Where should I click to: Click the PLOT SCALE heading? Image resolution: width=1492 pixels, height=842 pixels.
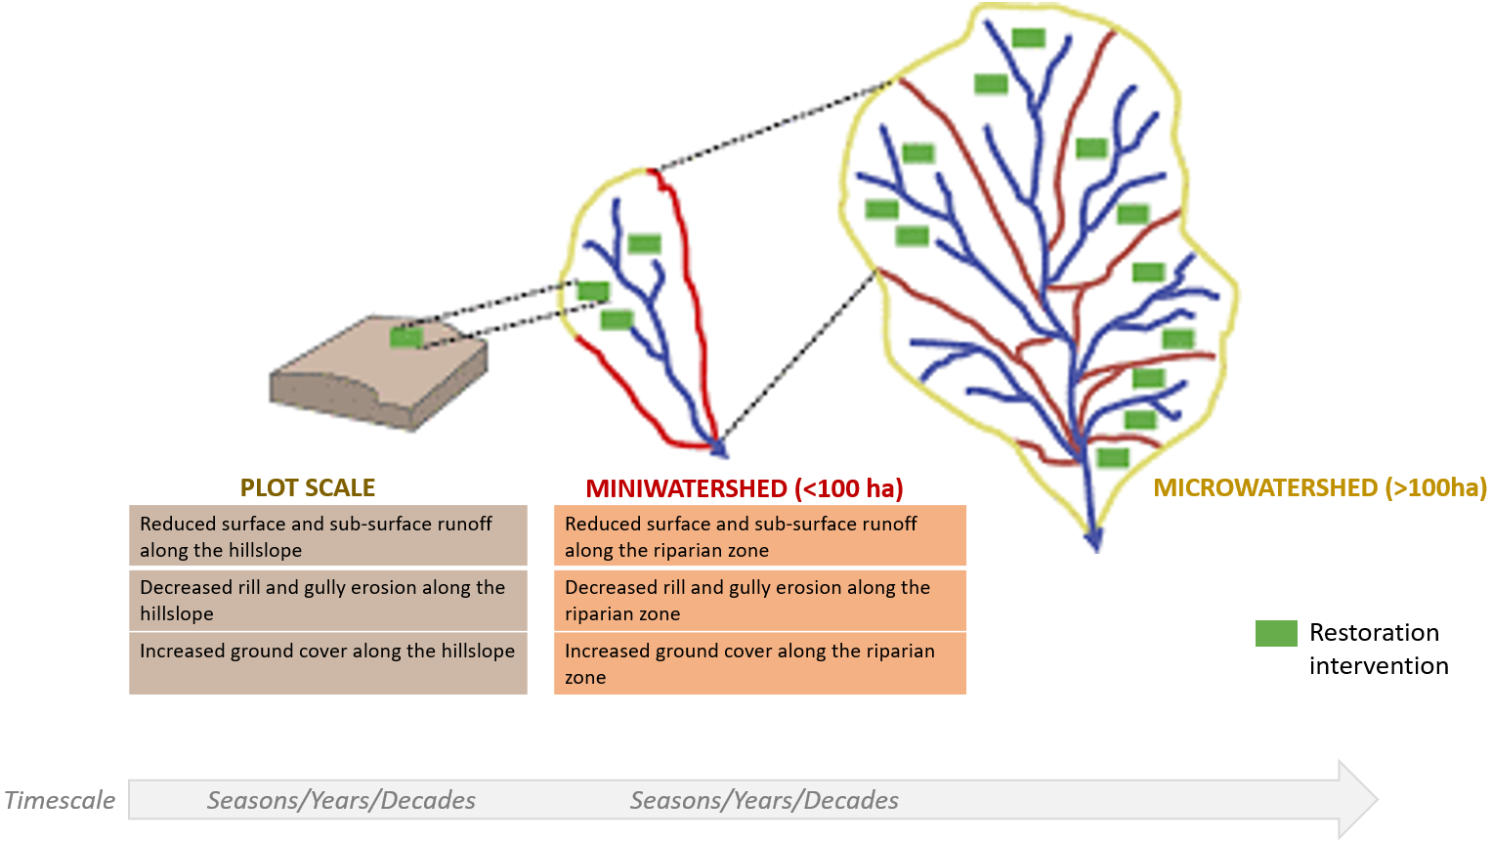coord(308,487)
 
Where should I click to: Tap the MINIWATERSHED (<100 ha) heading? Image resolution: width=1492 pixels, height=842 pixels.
coord(745,488)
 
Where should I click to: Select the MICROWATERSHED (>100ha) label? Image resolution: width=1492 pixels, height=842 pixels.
coord(1320,487)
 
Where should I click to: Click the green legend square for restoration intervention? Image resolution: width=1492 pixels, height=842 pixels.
coord(1276,633)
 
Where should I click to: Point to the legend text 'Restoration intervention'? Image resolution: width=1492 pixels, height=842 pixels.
coord(1378,649)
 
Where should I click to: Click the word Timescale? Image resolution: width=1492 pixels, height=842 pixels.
coord(60,800)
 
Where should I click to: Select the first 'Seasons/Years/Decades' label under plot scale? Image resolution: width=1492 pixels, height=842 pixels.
coord(341,800)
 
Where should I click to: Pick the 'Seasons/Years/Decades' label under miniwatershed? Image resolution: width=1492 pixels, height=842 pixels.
coord(764,800)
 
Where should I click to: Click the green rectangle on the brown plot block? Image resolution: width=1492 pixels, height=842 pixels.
coord(405,337)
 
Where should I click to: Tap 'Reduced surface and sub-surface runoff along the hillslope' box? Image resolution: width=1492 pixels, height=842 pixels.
coord(327,536)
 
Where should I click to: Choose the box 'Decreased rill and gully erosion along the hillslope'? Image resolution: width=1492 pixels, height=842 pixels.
coord(327,600)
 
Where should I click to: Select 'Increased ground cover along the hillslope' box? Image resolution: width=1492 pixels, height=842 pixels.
coord(327,663)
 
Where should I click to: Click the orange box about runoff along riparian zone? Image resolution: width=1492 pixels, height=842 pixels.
coord(759,536)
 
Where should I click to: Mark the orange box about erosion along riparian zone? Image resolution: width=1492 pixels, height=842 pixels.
coord(759,600)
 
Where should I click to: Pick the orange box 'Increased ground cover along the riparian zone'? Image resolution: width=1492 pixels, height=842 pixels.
coord(759,663)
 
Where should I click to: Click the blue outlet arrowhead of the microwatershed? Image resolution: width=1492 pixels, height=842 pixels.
coord(1094,540)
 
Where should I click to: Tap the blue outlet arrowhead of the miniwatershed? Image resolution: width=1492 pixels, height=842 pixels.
coord(720,449)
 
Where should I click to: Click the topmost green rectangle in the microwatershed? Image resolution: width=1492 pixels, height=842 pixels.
coord(1028,38)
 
